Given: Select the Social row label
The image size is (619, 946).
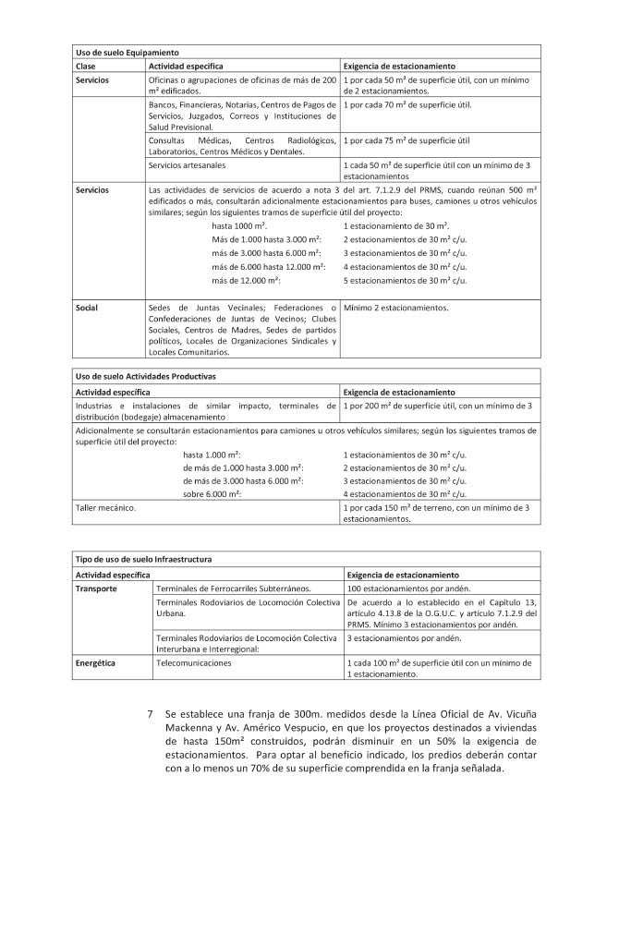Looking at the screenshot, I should coord(87,308).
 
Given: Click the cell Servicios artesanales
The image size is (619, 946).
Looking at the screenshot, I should coord(187,164).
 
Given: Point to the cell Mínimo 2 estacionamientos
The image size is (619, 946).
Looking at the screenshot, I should coord(395,308).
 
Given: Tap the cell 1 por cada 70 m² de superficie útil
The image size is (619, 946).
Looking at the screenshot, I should coord(407,104).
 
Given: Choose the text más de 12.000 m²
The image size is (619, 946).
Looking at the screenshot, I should coord(247,280).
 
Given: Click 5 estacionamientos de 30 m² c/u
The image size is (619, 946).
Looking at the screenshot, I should coord(405,280).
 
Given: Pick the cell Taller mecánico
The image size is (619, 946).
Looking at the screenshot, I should coord(105,507).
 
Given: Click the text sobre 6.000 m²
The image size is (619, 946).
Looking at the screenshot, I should coord(212,494).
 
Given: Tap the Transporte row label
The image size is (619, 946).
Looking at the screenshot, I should coord(96,588).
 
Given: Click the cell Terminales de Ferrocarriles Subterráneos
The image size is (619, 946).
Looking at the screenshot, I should coord(234,588).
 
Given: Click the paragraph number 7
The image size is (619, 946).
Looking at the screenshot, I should coord(150,715).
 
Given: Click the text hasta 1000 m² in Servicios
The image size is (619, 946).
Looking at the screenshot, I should coord(239,226).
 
